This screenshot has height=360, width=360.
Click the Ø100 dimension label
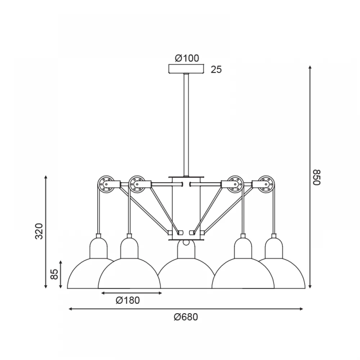point(187,58)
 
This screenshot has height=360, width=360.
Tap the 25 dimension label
point(216,69)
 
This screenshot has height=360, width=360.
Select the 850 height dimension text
point(316,177)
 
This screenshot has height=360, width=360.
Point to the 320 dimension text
point(39,231)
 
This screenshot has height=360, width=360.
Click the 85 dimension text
point(54,274)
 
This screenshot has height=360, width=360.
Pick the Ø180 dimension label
point(128,300)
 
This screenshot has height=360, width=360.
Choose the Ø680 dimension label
point(186,317)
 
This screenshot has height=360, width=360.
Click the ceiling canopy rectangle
point(186,69)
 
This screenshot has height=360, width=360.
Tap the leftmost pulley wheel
point(106,184)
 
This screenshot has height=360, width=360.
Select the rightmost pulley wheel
point(266,184)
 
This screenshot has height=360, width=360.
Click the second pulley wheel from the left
point(137,184)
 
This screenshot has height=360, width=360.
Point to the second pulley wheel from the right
point(235,184)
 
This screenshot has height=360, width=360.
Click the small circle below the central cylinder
point(186,242)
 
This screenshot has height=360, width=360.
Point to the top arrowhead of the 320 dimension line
point(46,177)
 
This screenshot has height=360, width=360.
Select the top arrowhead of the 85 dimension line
point(60,262)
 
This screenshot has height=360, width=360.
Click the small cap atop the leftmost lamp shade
point(99,236)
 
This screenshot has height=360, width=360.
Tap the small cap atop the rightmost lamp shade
point(274,236)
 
